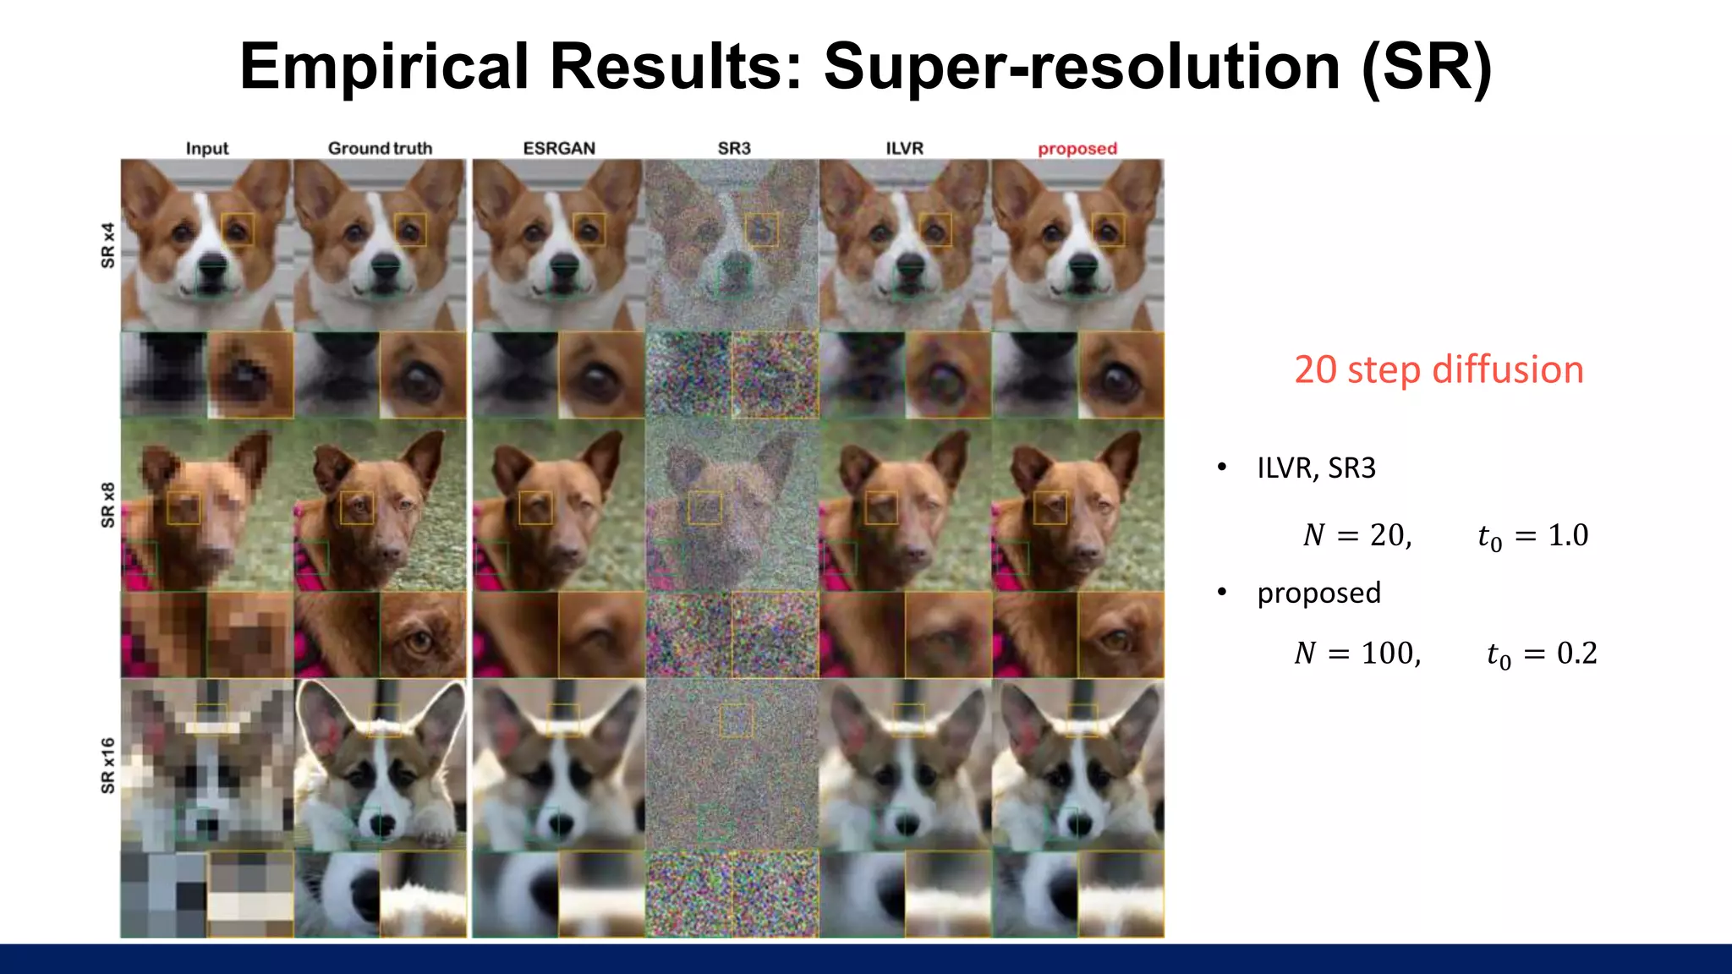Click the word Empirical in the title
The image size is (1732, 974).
(x=384, y=68)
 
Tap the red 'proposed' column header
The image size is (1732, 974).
(x=1077, y=148)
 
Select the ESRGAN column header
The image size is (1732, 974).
(x=559, y=148)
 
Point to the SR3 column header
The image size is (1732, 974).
(x=733, y=148)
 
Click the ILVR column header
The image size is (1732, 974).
(x=904, y=148)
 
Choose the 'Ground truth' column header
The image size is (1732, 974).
(x=380, y=148)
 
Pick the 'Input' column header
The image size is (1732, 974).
(x=207, y=148)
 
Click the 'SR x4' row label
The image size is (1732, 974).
(x=107, y=245)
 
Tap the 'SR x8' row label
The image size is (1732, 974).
(x=107, y=505)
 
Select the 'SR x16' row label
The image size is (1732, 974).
(x=107, y=765)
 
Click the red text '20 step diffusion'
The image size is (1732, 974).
(x=1439, y=369)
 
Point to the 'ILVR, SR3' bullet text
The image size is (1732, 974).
(x=1316, y=468)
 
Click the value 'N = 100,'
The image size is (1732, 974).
(x=1357, y=653)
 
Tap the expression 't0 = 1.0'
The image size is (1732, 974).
(x=1532, y=535)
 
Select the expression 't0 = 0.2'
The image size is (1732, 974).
(x=1541, y=653)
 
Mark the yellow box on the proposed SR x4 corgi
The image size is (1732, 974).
(x=1107, y=229)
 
